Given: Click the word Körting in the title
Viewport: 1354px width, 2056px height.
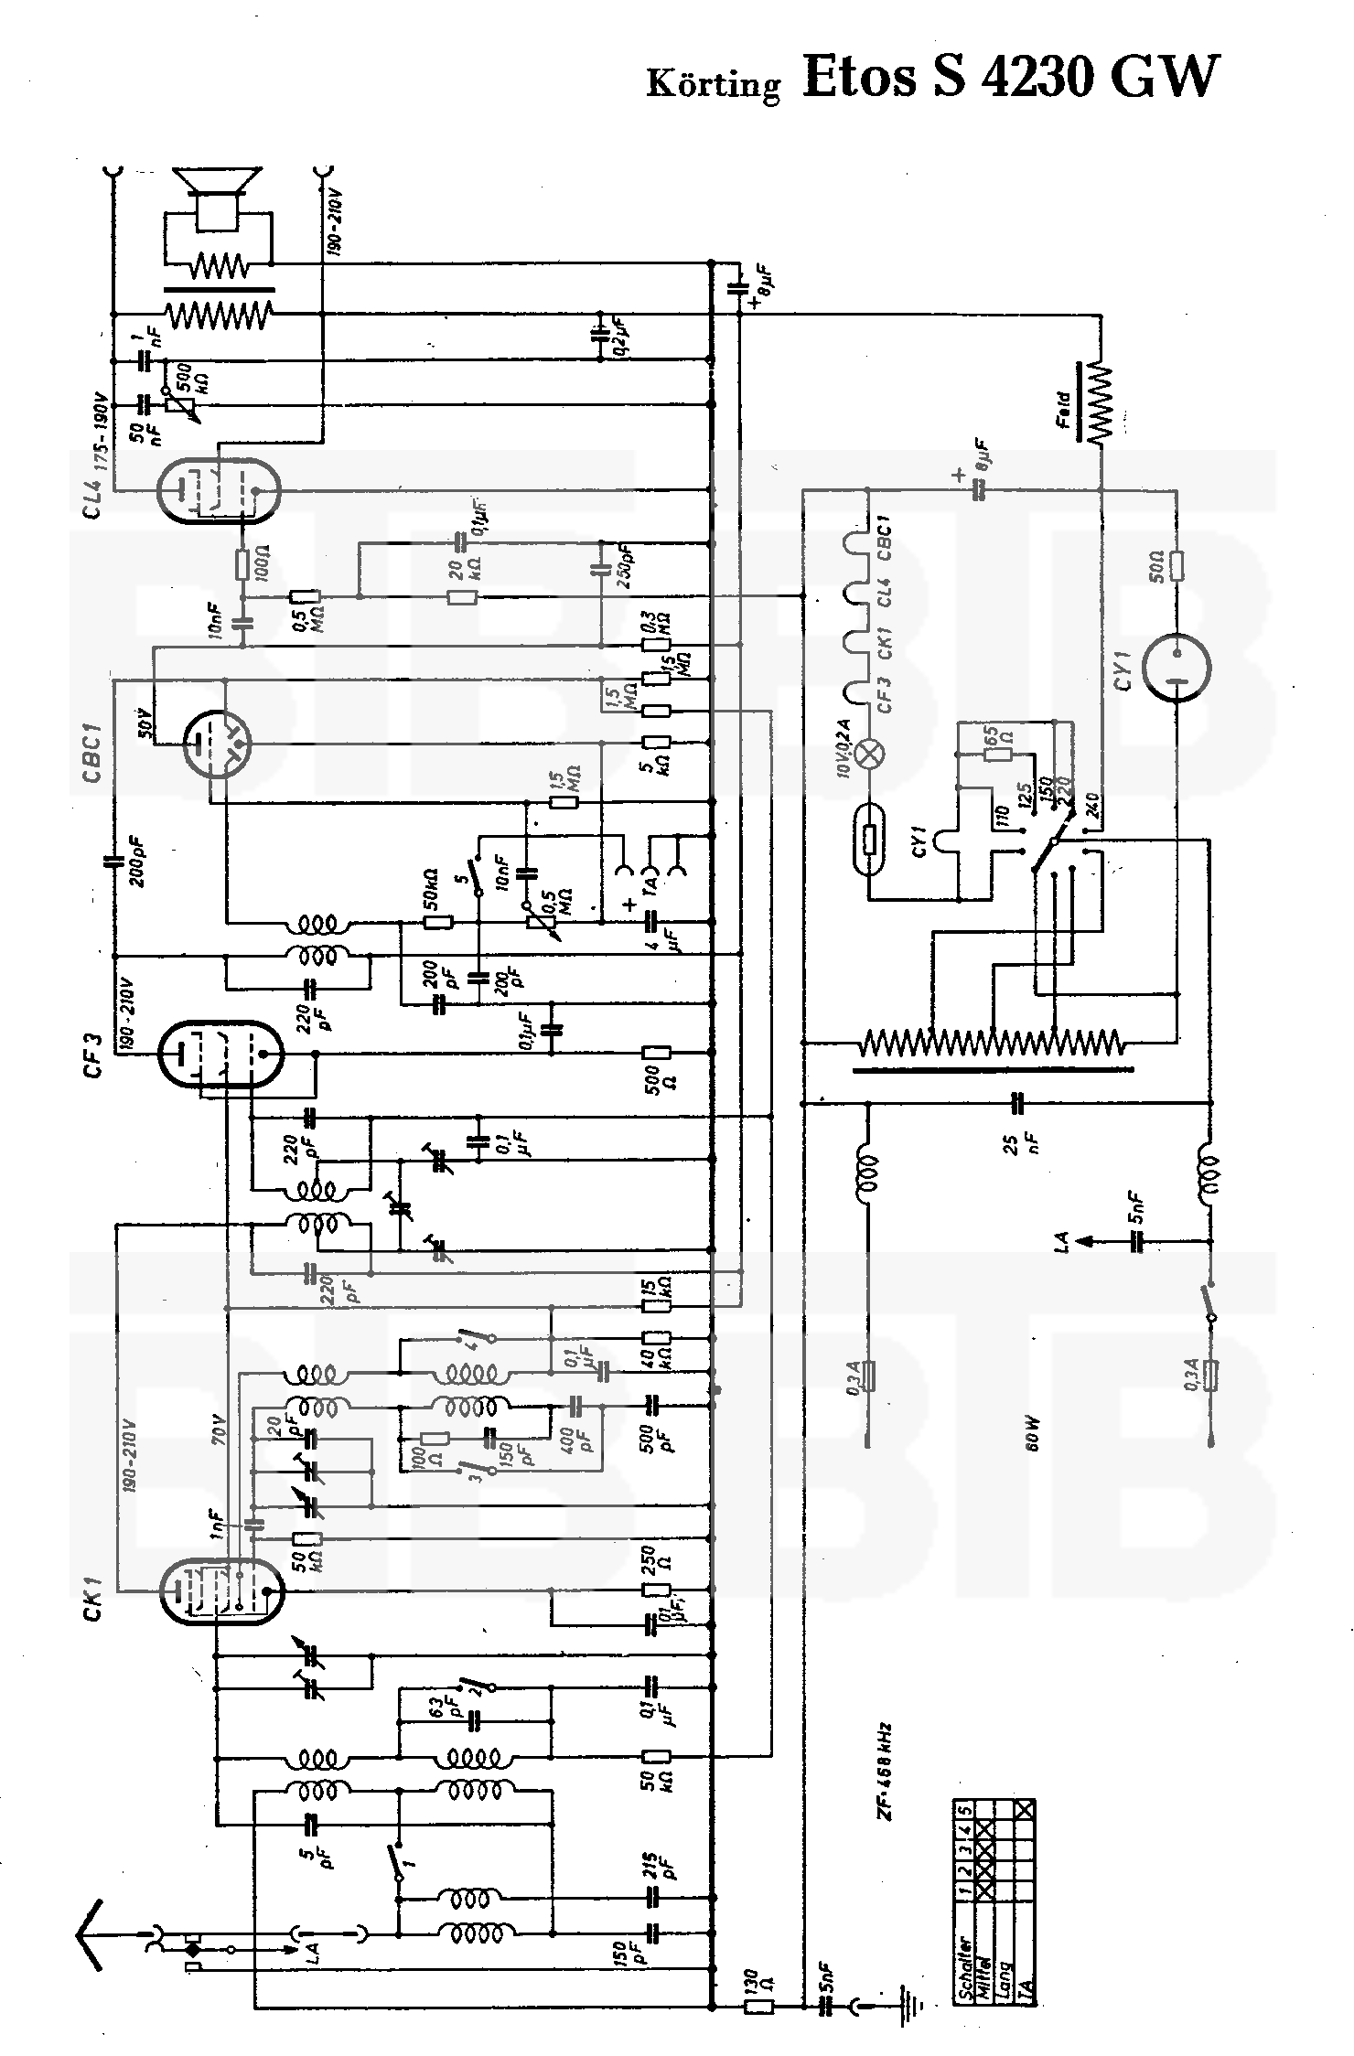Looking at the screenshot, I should (714, 84).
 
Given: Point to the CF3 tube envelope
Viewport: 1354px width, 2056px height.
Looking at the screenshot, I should (218, 1055).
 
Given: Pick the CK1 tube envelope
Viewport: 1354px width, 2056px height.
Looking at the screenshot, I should (220, 1592).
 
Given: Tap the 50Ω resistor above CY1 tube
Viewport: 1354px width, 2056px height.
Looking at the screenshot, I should (1177, 567).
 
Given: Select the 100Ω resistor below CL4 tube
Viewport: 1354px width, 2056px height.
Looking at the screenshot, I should (243, 565).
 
